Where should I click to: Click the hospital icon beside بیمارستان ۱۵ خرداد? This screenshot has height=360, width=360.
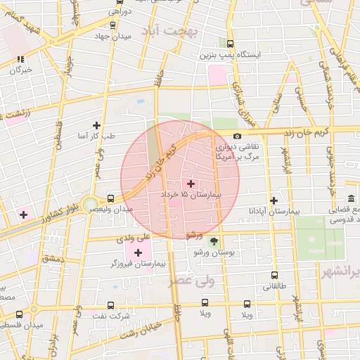[191, 184]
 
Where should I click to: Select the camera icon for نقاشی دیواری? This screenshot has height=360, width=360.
[237, 136]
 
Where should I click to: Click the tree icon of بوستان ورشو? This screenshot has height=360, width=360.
[214, 240]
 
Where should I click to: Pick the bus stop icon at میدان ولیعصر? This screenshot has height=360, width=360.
[110, 198]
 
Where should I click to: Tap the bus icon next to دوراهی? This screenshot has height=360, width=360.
[113, 24]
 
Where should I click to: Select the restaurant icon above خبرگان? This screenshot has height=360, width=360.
[21, 59]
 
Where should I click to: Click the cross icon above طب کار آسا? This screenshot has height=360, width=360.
[96, 125]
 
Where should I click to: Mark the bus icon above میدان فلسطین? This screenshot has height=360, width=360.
[19, 314]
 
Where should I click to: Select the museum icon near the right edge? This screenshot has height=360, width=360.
[351, 198]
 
